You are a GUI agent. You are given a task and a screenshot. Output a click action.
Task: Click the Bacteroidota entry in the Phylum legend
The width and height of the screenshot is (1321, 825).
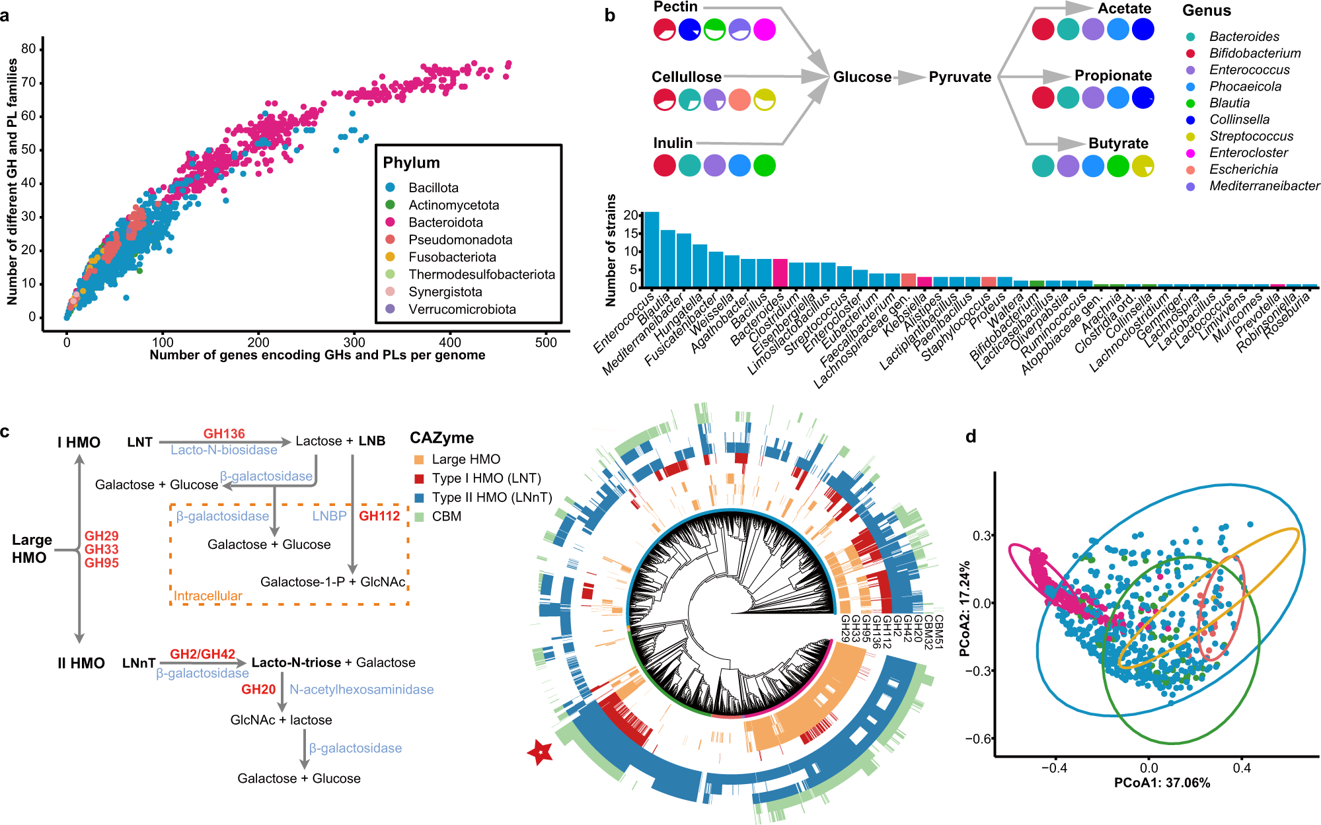point(445,223)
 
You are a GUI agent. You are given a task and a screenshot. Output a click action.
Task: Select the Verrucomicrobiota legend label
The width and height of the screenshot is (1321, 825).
point(461,309)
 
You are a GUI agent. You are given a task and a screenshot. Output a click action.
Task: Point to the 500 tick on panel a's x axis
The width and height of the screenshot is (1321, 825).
point(546,342)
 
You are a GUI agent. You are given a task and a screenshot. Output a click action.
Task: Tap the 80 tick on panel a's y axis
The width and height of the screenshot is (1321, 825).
point(28,49)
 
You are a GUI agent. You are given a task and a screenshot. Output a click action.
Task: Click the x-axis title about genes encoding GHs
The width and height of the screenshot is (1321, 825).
point(317,355)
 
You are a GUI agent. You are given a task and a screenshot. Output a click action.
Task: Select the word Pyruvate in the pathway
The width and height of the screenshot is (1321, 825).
point(960,77)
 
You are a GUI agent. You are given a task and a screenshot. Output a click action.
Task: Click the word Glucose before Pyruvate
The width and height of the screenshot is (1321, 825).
point(862,77)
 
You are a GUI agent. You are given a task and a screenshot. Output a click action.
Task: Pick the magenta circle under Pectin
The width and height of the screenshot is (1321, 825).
point(765,30)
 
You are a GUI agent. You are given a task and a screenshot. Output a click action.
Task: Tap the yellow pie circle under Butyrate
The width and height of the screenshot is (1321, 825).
point(1143,166)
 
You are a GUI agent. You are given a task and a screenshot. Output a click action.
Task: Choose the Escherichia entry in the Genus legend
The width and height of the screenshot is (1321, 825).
point(1243,170)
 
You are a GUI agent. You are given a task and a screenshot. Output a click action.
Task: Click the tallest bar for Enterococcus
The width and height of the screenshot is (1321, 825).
point(652,250)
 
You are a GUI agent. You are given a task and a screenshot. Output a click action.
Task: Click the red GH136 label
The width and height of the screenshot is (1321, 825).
point(224,434)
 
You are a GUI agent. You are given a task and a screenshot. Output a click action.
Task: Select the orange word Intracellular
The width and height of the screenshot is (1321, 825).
point(208,596)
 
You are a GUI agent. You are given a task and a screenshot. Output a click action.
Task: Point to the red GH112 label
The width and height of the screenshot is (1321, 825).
point(379,516)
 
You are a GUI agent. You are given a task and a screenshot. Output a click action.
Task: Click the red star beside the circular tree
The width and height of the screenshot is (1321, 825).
point(541,752)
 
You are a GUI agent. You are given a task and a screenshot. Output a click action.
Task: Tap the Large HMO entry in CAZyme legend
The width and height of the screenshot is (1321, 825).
point(465,459)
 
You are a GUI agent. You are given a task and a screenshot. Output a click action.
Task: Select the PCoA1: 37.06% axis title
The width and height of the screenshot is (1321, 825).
point(1162,783)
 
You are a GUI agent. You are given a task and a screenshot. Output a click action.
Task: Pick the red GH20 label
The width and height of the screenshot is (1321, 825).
point(258,690)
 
